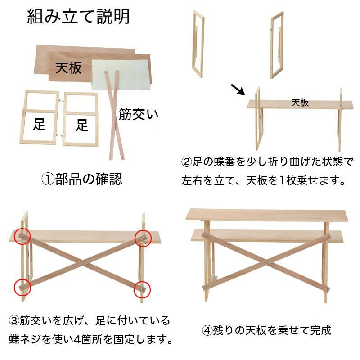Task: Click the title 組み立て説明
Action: click(78, 17)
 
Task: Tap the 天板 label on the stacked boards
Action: click(69, 68)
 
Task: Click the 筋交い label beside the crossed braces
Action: click(139, 114)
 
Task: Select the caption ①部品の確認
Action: click(82, 179)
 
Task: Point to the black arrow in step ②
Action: click(238, 90)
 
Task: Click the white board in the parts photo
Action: click(121, 75)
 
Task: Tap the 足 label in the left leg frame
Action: click(39, 124)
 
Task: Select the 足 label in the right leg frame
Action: click(82, 125)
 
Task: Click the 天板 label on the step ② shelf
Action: click(300, 103)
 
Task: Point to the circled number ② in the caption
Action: click(186, 162)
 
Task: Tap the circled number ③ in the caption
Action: click(14, 320)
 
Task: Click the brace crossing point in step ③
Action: click(83, 262)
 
